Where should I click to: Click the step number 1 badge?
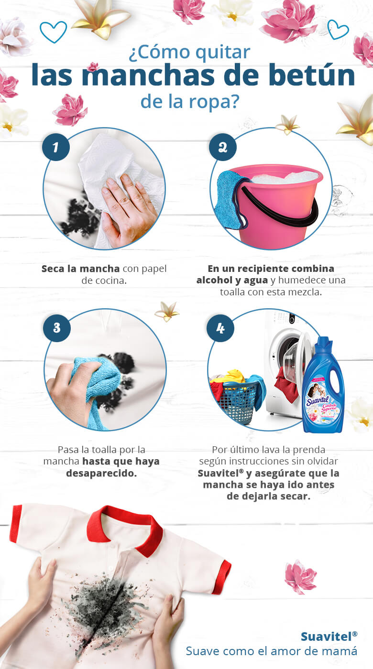click(x=56, y=147)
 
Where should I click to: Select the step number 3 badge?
click(x=56, y=328)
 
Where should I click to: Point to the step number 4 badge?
click(x=220, y=328)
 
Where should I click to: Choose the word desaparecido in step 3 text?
click(x=101, y=473)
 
